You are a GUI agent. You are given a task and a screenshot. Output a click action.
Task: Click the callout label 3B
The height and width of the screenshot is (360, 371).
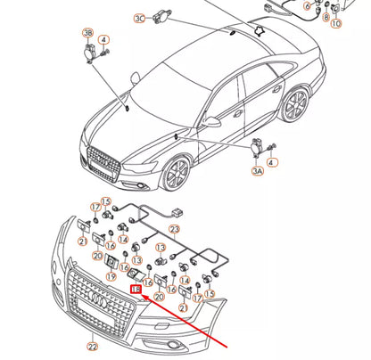tap(87, 33)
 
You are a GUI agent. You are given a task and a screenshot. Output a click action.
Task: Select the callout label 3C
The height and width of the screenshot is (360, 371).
tap(139, 18)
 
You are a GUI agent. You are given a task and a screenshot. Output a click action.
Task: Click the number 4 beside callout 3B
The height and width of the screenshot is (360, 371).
tap(104, 40)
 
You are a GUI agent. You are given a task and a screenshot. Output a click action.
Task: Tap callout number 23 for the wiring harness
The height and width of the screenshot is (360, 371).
tap(175, 228)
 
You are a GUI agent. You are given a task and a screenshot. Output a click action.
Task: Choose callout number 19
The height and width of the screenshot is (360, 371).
tap(111, 277)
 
